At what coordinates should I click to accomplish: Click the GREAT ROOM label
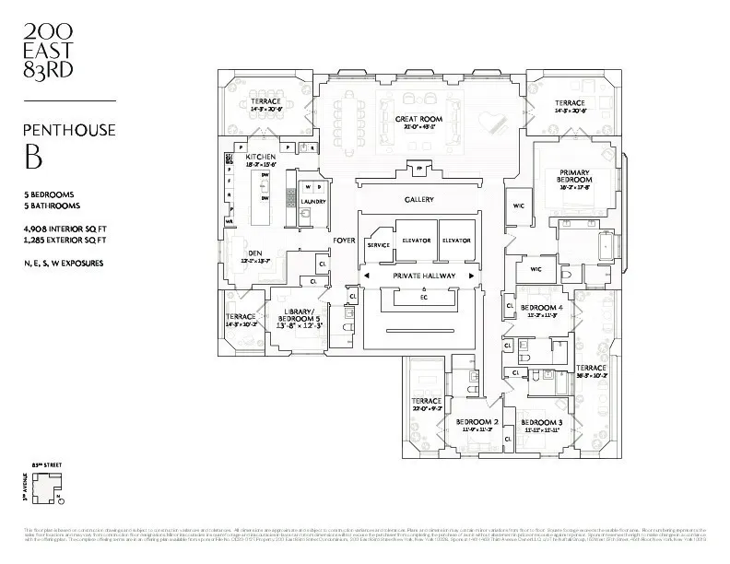(420, 120)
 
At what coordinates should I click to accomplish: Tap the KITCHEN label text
(260, 158)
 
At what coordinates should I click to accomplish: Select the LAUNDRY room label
(313, 201)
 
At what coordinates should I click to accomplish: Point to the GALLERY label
(418, 200)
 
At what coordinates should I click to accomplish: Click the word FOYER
(345, 240)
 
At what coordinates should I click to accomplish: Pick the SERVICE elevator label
(378, 245)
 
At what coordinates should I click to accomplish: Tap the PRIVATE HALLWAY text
(419, 276)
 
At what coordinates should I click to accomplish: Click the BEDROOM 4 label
(541, 307)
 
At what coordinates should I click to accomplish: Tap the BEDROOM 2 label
(477, 422)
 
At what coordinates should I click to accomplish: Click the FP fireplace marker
(419, 170)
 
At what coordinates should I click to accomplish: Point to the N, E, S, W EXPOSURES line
(63, 263)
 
